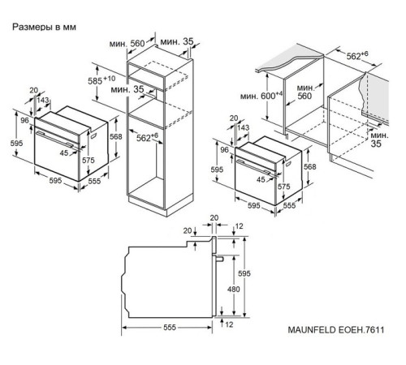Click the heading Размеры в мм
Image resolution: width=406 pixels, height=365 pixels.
[44, 27]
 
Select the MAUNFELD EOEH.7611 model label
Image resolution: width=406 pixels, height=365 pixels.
[336, 330]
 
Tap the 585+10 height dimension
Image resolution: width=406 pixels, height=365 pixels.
[101, 80]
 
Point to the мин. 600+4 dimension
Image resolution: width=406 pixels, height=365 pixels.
[261, 96]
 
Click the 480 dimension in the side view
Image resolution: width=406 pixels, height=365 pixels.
[233, 290]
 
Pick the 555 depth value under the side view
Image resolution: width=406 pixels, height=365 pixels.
[170, 328]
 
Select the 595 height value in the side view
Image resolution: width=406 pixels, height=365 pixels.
[244, 273]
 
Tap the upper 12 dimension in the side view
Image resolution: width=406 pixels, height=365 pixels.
[240, 226]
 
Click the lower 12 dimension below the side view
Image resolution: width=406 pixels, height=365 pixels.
[229, 324]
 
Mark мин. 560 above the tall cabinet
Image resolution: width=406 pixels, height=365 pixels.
[127, 43]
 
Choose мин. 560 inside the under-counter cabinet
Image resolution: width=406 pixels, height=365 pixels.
[305, 92]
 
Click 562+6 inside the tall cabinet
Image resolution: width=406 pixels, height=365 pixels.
[147, 137]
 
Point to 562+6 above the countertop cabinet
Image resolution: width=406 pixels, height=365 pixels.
[357, 55]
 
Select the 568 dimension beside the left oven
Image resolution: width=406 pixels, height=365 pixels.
[116, 137]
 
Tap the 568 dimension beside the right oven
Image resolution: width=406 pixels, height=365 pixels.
[310, 167]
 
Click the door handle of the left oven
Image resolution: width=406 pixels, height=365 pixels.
[55, 140]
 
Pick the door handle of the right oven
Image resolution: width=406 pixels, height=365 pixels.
[255, 167]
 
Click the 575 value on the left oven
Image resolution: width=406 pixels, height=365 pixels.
[89, 161]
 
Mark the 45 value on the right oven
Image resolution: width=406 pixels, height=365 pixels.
[261, 179]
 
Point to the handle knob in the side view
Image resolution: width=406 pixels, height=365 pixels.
[218, 259]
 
